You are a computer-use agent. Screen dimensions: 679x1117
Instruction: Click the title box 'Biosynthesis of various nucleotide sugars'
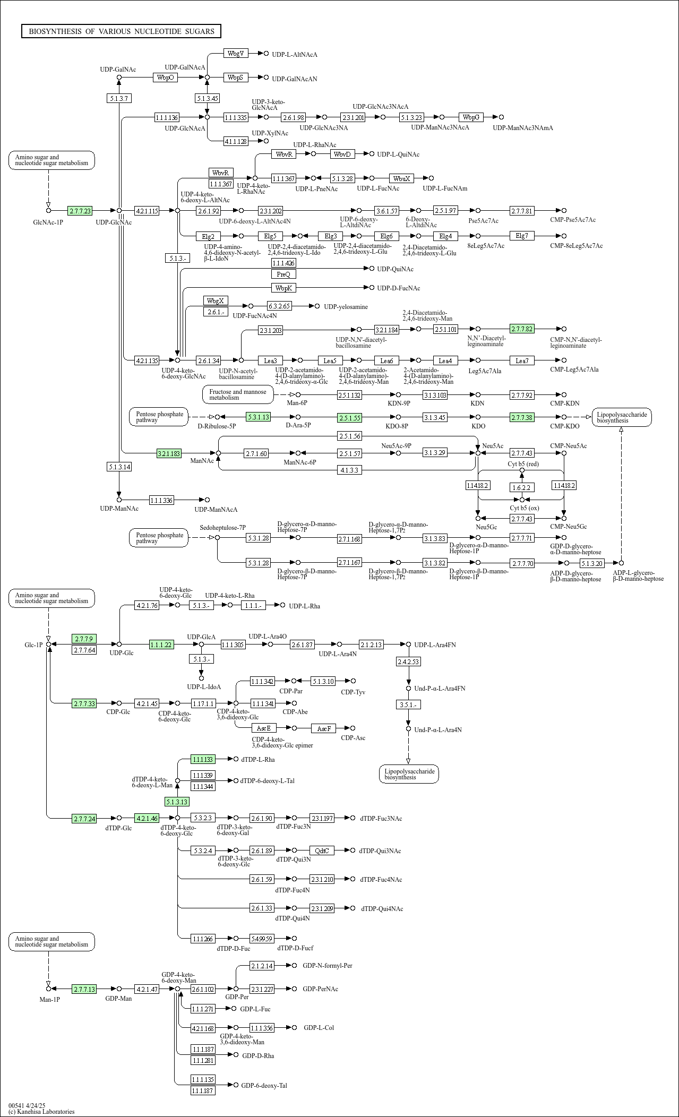point(121,31)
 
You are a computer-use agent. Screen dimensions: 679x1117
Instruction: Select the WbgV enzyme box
point(236,54)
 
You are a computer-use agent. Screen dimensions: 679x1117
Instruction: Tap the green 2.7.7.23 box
point(80,211)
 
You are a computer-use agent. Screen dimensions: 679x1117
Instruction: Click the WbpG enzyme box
point(471,117)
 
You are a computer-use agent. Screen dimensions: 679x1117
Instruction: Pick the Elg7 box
point(522,236)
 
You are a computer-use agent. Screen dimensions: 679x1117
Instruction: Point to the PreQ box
point(283,274)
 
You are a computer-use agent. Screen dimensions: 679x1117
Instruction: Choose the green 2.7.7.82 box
point(522,329)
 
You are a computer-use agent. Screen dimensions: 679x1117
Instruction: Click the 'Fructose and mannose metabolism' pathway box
point(238,394)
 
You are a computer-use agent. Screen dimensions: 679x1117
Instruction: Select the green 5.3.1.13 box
point(258,417)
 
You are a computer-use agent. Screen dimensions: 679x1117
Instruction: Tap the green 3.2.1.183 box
point(169,453)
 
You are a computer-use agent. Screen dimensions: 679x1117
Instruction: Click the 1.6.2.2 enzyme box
point(522,487)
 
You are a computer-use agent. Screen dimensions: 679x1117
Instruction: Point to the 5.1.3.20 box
point(591,563)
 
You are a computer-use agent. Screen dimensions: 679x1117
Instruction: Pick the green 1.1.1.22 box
point(161,645)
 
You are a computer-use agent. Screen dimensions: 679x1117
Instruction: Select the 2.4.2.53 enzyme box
point(408,661)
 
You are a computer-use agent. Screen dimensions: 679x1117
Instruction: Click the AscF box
point(324,728)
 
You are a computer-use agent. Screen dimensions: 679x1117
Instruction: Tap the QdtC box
point(322,850)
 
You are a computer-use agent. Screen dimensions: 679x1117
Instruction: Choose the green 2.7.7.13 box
point(84,989)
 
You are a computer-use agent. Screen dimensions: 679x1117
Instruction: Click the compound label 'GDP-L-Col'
point(319,1028)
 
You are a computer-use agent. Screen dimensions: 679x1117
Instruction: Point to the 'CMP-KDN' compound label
point(565,403)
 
